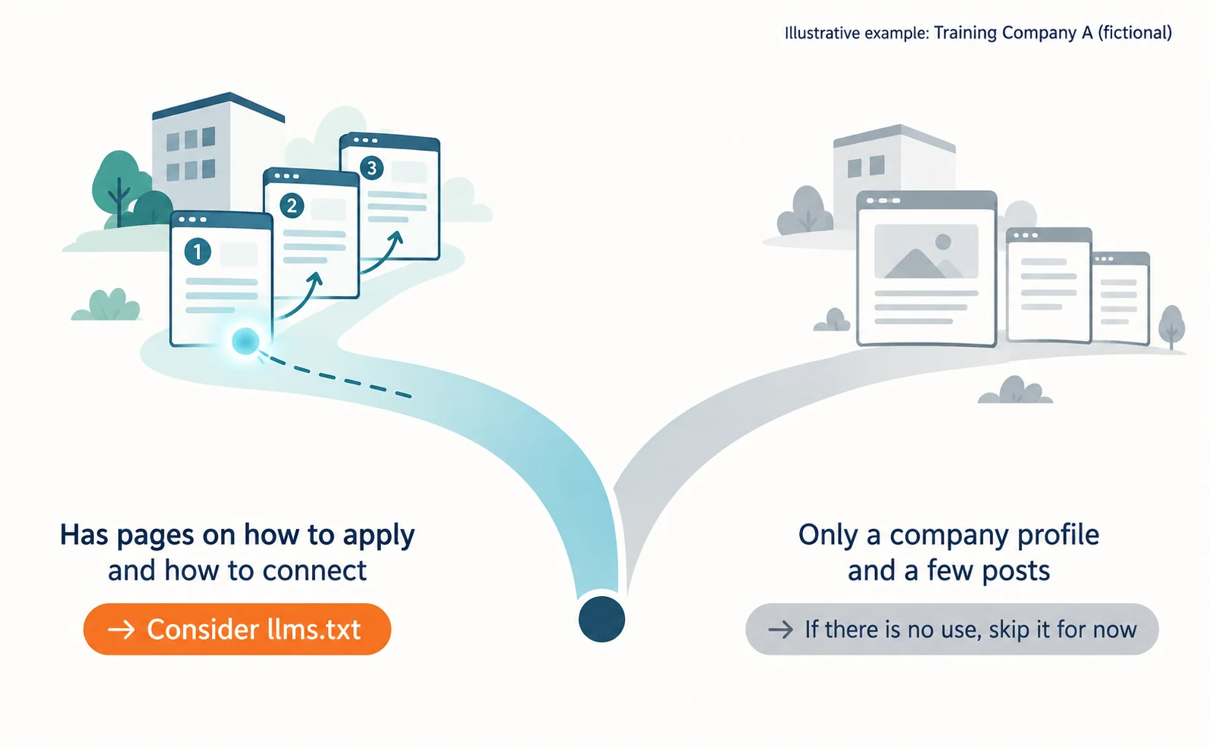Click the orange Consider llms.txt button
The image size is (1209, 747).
(x=237, y=629)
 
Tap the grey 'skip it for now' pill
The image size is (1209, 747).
(x=952, y=629)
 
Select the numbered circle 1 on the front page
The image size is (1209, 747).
(x=198, y=252)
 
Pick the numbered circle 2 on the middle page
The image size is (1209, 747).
(x=292, y=205)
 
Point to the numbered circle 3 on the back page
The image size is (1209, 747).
(x=371, y=168)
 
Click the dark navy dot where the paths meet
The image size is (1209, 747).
(x=601, y=618)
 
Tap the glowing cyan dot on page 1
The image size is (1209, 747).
(x=245, y=341)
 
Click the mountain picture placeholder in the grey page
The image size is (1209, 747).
(x=926, y=251)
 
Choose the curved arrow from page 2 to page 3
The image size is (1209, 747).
(x=384, y=255)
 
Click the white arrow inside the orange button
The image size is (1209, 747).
(x=121, y=630)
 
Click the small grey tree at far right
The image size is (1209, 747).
(x=1172, y=326)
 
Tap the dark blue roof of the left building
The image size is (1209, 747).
(x=219, y=106)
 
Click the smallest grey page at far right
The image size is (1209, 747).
(x=1120, y=298)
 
